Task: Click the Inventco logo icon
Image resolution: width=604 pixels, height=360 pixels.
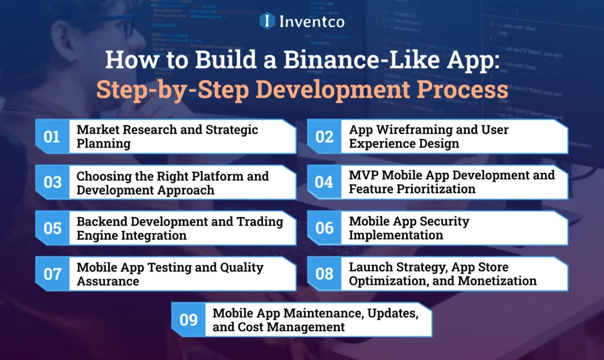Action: point(268,21)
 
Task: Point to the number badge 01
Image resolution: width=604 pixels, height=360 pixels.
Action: point(52,137)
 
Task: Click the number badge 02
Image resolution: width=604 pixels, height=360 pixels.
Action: point(324,137)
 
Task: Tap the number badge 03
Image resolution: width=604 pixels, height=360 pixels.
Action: point(52,182)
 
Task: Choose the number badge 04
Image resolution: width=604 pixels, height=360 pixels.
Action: point(324,182)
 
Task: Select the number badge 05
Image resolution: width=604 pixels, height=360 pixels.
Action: point(52,228)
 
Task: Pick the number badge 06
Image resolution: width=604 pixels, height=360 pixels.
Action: point(324,228)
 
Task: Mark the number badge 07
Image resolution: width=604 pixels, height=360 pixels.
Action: point(52,274)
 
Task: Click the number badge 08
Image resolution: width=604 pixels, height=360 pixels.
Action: point(324,274)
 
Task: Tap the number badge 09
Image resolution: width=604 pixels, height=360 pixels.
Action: point(188,320)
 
